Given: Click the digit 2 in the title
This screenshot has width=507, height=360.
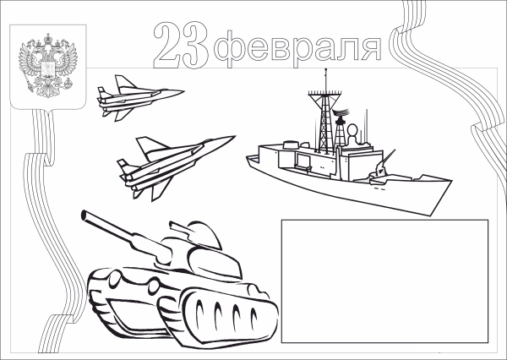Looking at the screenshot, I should (169, 45).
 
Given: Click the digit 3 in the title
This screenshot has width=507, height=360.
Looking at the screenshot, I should (194, 45).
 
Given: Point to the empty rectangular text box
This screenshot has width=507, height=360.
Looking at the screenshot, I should (384, 280).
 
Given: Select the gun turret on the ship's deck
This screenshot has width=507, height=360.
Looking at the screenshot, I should (383, 168).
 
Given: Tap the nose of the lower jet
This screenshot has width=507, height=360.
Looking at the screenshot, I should (232, 139).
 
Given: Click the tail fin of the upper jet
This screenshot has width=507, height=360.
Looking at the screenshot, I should (120, 82).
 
